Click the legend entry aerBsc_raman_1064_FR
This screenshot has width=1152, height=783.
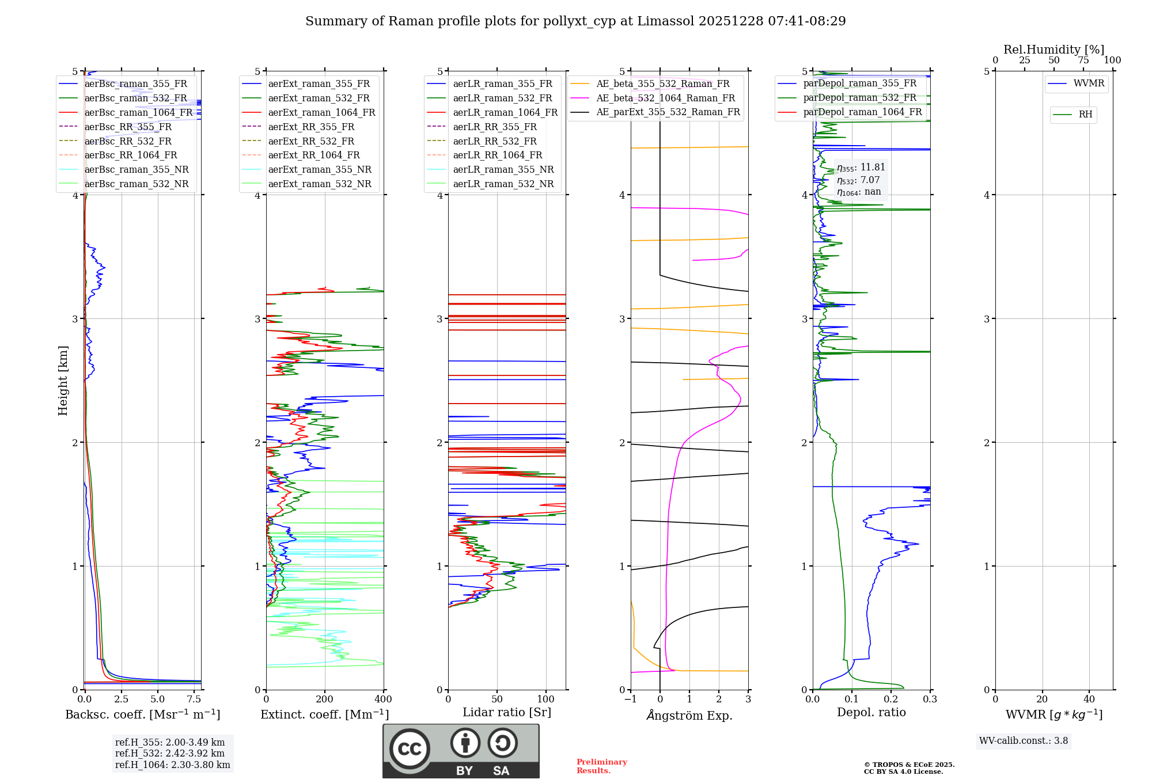click(x=138, y=112)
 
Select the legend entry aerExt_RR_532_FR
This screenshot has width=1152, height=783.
click(x=311, y=141)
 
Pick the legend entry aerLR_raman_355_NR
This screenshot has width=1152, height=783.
click(x=503, y=169)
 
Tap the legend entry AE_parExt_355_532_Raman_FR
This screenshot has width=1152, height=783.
click(x=668, y=112)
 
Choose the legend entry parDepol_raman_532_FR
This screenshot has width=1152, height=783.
click(x=859, y=97)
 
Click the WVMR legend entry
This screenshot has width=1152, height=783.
click(x=1089, y=83)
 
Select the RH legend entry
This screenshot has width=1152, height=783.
click(x=1085, y=115)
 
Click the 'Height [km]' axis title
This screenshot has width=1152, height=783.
click(x=63, y=381)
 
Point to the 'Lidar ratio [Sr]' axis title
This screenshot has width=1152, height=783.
click(x=507, y=712)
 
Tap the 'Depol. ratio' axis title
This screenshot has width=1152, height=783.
click(x=871, y=712)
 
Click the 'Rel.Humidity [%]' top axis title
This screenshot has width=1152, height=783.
click(x=1054, y=50)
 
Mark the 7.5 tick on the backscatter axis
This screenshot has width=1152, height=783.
click(x=194, y=700)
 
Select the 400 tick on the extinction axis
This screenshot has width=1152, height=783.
click(x=384, y=700)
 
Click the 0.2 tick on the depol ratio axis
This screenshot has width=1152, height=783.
click(x=891, y=700)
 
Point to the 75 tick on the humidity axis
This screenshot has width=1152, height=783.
click(x=1083, y=60)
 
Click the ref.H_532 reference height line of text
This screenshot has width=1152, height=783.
click(x=169, y=753)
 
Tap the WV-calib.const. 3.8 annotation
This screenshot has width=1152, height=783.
click(x=1024, y=741)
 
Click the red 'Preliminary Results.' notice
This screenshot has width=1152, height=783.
click(x=601, y=766)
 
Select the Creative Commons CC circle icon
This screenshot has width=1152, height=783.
click(x=410, y=748)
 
